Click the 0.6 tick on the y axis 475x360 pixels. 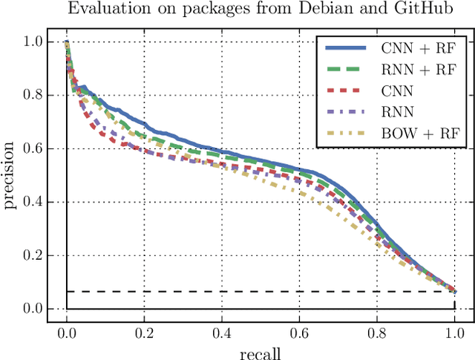pos(33,148)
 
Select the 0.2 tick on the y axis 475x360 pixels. pos(33,255)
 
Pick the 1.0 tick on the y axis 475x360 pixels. pos(33,42)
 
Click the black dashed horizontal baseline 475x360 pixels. pos(260,292)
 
